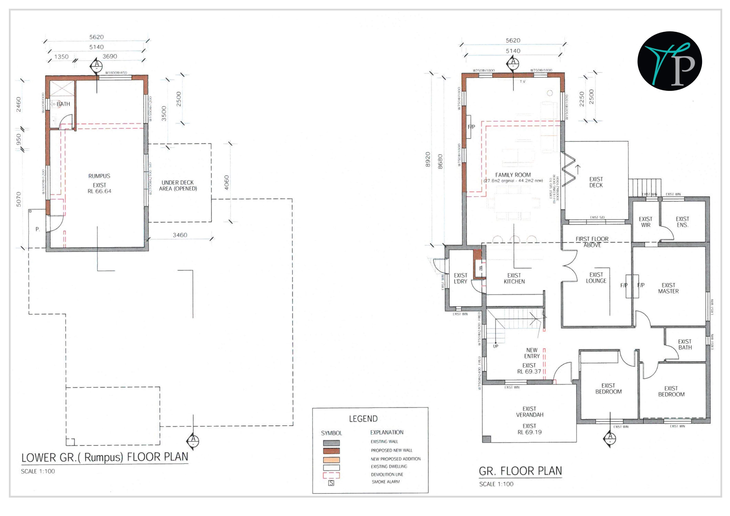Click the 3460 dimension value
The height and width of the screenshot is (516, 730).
pos(180,235)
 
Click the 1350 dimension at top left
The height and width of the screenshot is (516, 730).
pos(61,57)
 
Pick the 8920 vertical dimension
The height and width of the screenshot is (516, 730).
pos(428,159)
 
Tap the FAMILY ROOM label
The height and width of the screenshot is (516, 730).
pos(513,175)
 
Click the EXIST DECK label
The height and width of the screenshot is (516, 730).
pos(596,182)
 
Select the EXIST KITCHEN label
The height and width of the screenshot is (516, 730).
pos(514,279)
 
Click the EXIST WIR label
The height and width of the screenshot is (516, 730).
pos(646,222)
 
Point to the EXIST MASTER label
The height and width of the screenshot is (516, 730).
pos(668,288)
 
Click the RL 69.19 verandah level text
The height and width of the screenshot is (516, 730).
pos(529,432)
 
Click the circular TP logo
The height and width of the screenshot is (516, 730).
pos(670,61)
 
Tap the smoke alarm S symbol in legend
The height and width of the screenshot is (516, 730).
pos(331,483)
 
